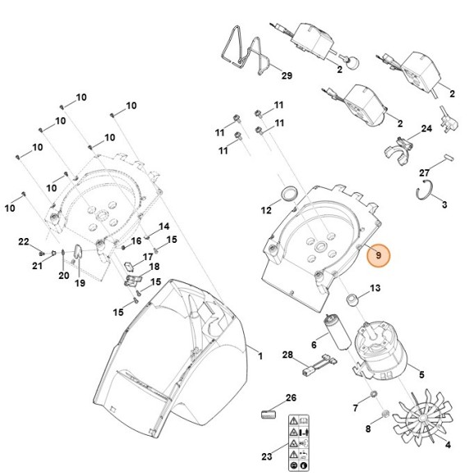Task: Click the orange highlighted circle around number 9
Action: pos(378,255)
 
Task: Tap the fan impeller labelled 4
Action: pos(422,419)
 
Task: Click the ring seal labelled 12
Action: pos(288,194)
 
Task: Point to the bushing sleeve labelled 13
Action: pos(353,300)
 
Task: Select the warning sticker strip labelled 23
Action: pos(299,442)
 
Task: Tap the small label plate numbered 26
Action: pos(269,414)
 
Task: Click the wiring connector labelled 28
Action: pos(320,364)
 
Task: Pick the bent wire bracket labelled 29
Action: pos(245,51)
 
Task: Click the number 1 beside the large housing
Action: pos(260,356)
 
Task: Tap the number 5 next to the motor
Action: pos(421,374)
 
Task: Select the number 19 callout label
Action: pos(80,283)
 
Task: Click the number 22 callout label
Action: pos(24,241)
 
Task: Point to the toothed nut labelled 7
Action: pos(374,394)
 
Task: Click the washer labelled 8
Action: pos(385,414)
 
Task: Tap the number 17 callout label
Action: pos(148,257)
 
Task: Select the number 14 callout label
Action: pos(164,227)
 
